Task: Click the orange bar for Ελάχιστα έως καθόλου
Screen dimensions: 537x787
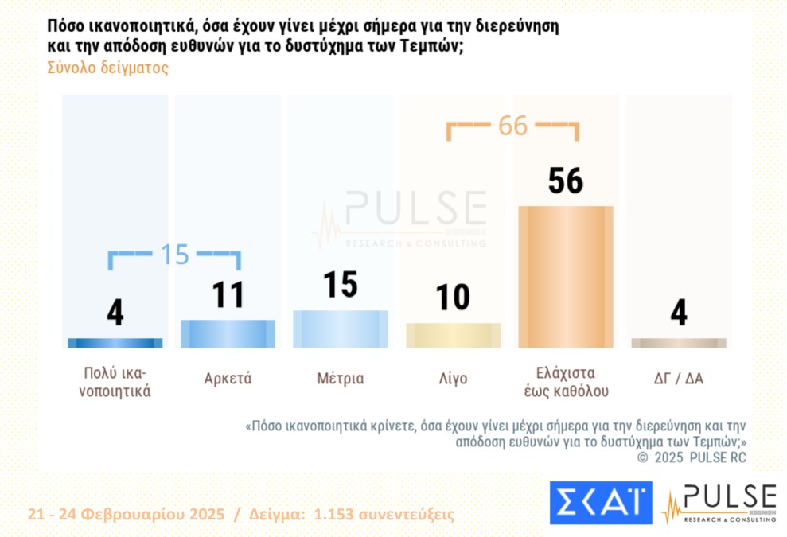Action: click(x=566, y=277)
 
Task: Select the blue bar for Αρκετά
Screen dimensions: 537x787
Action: click(x=228, y=334)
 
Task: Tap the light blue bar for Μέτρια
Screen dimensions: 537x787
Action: click(x=341, y=329)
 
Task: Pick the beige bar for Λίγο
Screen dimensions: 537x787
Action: click(x=454, y=335)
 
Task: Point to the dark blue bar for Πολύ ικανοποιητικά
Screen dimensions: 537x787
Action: click(x=115, y=343)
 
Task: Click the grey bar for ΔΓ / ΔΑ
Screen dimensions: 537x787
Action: click(x=679, y=343)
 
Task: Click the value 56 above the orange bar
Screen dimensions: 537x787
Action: click(x=566, y=181)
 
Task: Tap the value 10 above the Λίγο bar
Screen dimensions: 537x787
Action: click(x=453, y=298)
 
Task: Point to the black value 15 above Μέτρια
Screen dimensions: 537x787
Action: click(x=341, y=285)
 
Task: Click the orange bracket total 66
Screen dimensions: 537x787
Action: click(x=513, y=126)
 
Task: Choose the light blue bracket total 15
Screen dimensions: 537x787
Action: click(x=175, y=254)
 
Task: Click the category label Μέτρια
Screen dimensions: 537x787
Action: click(x=341, y=379)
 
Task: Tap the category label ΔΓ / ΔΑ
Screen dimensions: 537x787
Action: click(x=679, y=379)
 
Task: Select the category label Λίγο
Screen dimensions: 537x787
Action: click(x=453, y=379)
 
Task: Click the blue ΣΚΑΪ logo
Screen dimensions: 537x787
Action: click(x=600, y=503)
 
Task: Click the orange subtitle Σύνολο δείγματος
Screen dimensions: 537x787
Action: click(x=108, y=68)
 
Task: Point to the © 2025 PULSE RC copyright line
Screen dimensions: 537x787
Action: click(x=692, y=457)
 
